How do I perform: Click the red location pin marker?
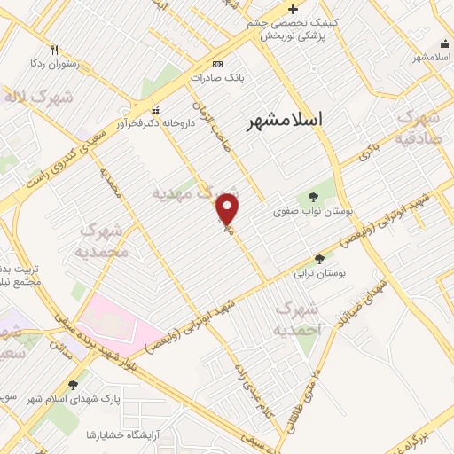pyautogui.click(x=229, y=209)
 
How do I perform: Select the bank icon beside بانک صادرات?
pyautogui.click(x=218, y=64)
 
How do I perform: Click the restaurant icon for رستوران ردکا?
pyautogui.click(x=55, y=49)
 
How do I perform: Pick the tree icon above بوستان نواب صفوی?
pyautogui.click(x=311, y=198)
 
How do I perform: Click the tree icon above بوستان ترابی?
pyautogui.click(x=319, y=259)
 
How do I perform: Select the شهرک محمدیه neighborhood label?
pyautogui.click(x=105, y=241)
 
